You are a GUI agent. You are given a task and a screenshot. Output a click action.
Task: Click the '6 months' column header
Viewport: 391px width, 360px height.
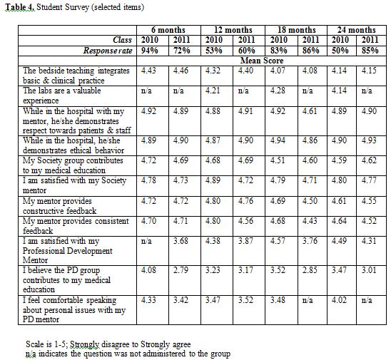168,30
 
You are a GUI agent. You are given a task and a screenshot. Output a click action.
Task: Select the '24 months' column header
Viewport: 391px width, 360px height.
357,30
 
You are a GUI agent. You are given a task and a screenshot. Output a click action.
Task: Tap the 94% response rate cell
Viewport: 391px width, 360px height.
150,51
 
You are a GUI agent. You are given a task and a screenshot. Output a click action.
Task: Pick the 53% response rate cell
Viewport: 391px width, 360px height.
214,51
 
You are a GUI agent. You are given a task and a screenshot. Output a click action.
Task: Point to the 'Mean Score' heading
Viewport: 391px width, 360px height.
262,61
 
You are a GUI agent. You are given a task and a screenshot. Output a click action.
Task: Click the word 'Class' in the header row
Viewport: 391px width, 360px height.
122,40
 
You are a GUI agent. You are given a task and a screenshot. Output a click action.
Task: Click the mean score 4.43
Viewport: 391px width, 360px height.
148,71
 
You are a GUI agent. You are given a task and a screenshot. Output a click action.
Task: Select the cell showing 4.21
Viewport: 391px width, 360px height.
213,91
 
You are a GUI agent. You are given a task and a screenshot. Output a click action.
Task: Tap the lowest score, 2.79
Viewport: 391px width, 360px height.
181,270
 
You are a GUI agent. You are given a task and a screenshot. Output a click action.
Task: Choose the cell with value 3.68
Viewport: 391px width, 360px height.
181,241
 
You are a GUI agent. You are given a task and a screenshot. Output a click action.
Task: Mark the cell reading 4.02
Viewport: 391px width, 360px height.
339,299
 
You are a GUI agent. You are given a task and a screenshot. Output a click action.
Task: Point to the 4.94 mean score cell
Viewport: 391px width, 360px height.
278,140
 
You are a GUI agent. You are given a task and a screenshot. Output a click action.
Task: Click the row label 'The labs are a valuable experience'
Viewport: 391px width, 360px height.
62,96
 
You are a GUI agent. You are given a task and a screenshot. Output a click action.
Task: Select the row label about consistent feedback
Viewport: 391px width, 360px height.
76,226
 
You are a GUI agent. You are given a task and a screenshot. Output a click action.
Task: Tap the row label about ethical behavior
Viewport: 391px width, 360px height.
73,145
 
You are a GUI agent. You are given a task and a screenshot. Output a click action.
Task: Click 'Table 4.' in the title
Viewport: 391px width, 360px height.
20,7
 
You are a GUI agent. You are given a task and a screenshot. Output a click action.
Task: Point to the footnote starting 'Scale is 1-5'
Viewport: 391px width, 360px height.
108,344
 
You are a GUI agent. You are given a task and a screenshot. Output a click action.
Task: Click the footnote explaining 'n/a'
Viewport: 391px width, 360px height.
128,354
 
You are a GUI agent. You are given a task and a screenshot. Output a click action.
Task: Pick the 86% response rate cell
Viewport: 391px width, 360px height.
311,51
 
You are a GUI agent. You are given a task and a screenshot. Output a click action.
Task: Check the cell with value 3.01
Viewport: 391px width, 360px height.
369,270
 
